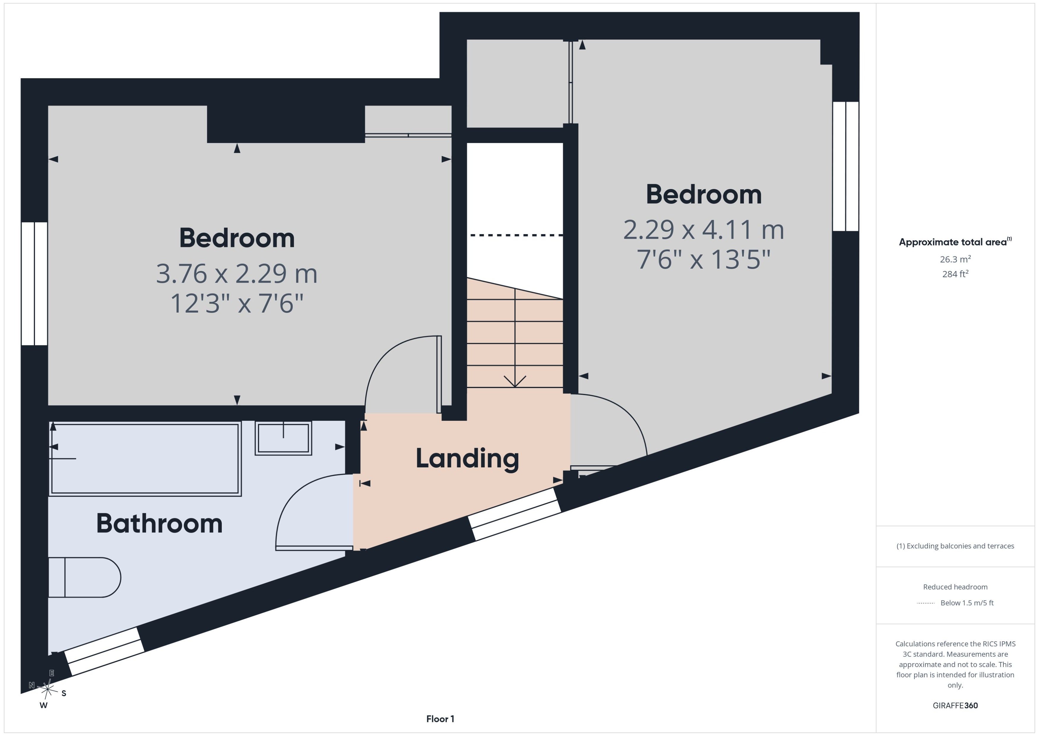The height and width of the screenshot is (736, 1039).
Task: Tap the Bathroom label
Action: point(159,524)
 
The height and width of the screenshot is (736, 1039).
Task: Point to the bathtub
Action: point(145,459)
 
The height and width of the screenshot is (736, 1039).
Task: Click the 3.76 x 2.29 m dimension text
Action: point(237,274)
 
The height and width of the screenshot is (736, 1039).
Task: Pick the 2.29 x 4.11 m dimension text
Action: point(704,230)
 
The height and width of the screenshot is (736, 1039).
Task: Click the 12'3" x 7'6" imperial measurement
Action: point(237,303)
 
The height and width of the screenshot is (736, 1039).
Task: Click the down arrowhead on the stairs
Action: point(515,382)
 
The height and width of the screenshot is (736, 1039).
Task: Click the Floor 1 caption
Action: point(440,719)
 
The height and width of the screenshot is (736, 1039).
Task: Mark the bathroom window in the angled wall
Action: point(104,652)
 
